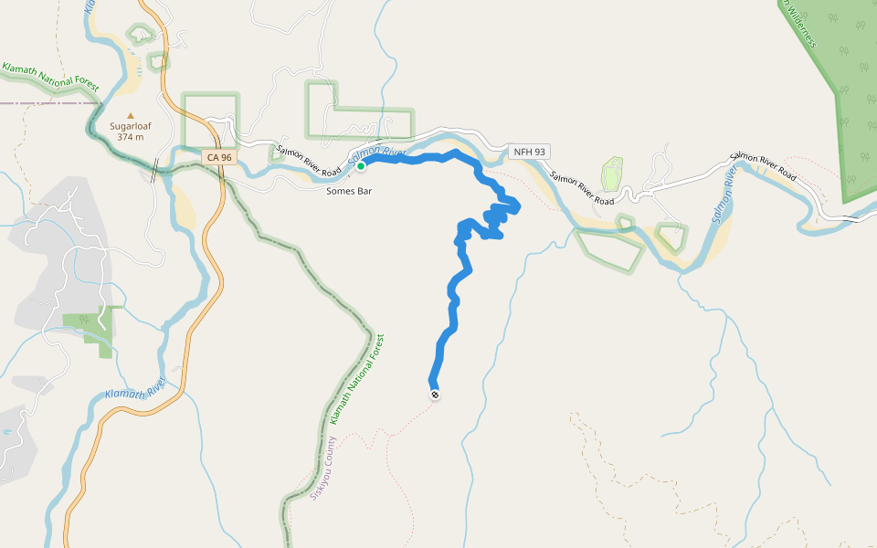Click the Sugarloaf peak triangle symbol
tap(131, 115)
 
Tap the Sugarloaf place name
tap(131, 126)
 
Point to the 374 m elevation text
tap(131, 137)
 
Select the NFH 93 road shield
tap(529, 151)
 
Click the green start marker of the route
tap(361, 166)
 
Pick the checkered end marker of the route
tap(435, 395)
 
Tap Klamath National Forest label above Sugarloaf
tap(49, 76)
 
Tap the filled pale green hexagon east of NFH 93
tap(611, 173)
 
